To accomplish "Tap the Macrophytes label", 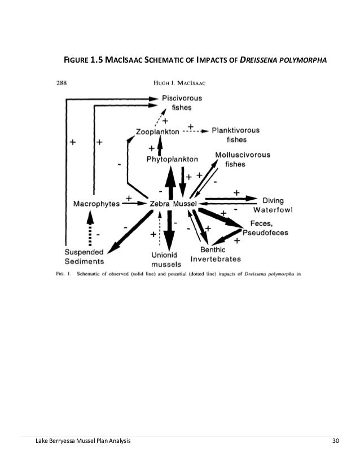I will (96, 203).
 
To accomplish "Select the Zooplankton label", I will (157, 132).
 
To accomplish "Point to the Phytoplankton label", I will (173, 160).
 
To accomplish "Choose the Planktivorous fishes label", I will (236, 134).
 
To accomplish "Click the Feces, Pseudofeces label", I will (266, 227).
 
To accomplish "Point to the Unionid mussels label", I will (166, 259).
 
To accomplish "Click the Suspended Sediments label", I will (84, 257).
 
